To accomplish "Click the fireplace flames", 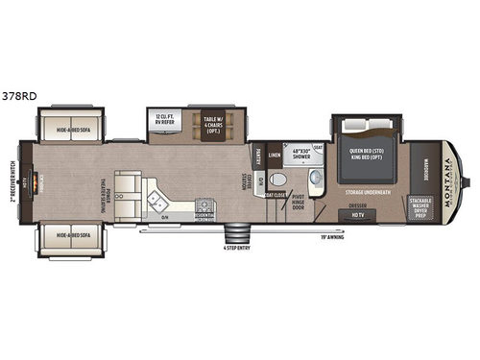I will tap(37, 180).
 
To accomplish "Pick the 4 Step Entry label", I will tap(235, 252).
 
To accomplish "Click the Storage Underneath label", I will tap(371, 191).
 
